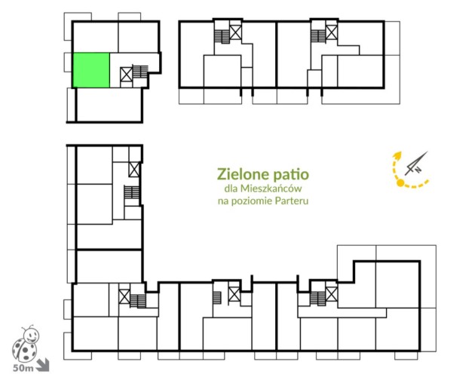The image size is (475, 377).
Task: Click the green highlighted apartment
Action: click(91, 70)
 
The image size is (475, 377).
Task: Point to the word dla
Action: click(231, 188)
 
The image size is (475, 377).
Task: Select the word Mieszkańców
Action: click(271, 188)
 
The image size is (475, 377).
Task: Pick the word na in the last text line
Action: click(223, 201)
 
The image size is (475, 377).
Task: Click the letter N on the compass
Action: click(418, 170)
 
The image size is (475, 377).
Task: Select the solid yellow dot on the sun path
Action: click(400, 182)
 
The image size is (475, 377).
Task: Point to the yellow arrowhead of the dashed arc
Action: click(397, 155)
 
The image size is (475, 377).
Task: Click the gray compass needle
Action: click(416, 163)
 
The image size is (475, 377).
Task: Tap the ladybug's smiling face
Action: click(32, 336)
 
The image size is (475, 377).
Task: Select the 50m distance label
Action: click(23, 368)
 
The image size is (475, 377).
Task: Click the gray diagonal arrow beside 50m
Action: click(42, 365)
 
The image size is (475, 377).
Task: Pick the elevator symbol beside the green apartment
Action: click(127, 75)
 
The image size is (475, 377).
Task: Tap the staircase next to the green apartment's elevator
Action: click(140, 72)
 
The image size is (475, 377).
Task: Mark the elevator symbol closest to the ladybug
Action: click(124, 296)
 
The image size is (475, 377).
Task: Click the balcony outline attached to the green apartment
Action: click(68, 62)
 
